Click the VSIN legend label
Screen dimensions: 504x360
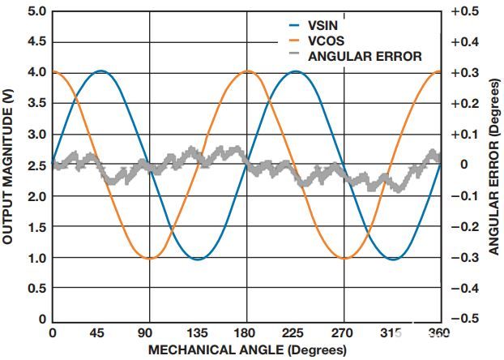pos(322,25)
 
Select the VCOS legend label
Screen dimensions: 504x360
pos(327,41)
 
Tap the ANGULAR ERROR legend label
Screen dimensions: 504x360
pos(365,56)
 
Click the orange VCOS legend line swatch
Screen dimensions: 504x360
pos(294,41)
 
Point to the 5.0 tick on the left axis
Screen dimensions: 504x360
pos(37,11)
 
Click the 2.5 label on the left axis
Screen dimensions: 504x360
pos(37,165)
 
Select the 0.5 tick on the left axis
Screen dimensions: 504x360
pos(37,289)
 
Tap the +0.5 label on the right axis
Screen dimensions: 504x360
pos(465,11)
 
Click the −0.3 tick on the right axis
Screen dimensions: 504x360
pos(465,258)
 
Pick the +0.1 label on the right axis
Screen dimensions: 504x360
pos(465,135)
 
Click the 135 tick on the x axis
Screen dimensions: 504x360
pos(198,333)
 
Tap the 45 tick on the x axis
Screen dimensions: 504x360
pos(97,333)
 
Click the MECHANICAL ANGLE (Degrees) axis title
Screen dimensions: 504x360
pos(247,349)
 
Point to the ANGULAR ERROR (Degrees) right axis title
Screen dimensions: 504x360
pos(495,167)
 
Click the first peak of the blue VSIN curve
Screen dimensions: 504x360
pos(100,71)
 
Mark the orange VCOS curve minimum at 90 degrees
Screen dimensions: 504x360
pos(150,258)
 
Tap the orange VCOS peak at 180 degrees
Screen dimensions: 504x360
pos(247,71)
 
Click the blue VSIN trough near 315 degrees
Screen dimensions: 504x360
pos(394,259)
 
